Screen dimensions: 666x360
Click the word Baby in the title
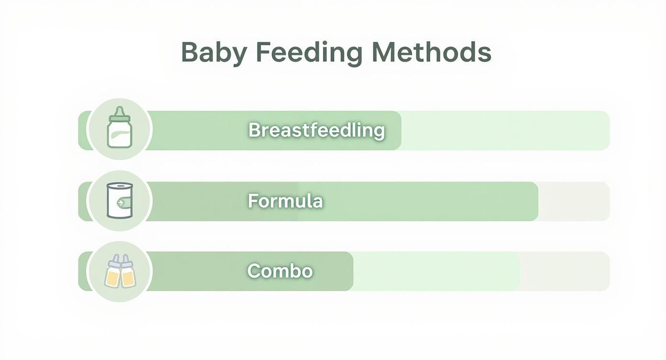[x=214, y=53]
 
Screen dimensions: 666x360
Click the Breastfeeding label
[x=317, y=130]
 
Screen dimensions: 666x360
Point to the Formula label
[x=285, y=201]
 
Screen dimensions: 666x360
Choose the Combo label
[x=280, y=271]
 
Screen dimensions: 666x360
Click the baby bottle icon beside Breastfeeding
[x=120, y=127]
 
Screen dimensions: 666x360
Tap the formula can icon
[x=120, y=200]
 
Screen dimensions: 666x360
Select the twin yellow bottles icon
[x=120, y=271]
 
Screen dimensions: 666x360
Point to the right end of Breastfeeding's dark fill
[x=401, y=130]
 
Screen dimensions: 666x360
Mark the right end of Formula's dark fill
[x=538, y=201]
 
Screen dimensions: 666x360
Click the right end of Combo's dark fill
[x=353, y=271]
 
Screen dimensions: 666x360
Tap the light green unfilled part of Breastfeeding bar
[x=505, y=130]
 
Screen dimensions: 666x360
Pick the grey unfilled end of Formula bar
[x=574, y=201]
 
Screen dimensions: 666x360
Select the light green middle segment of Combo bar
[x=436, y=271]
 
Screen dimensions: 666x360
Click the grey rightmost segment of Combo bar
[x=565, y=271]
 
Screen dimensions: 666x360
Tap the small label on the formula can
[x=124, y=202]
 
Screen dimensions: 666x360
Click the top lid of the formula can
[x=120, y=186]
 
